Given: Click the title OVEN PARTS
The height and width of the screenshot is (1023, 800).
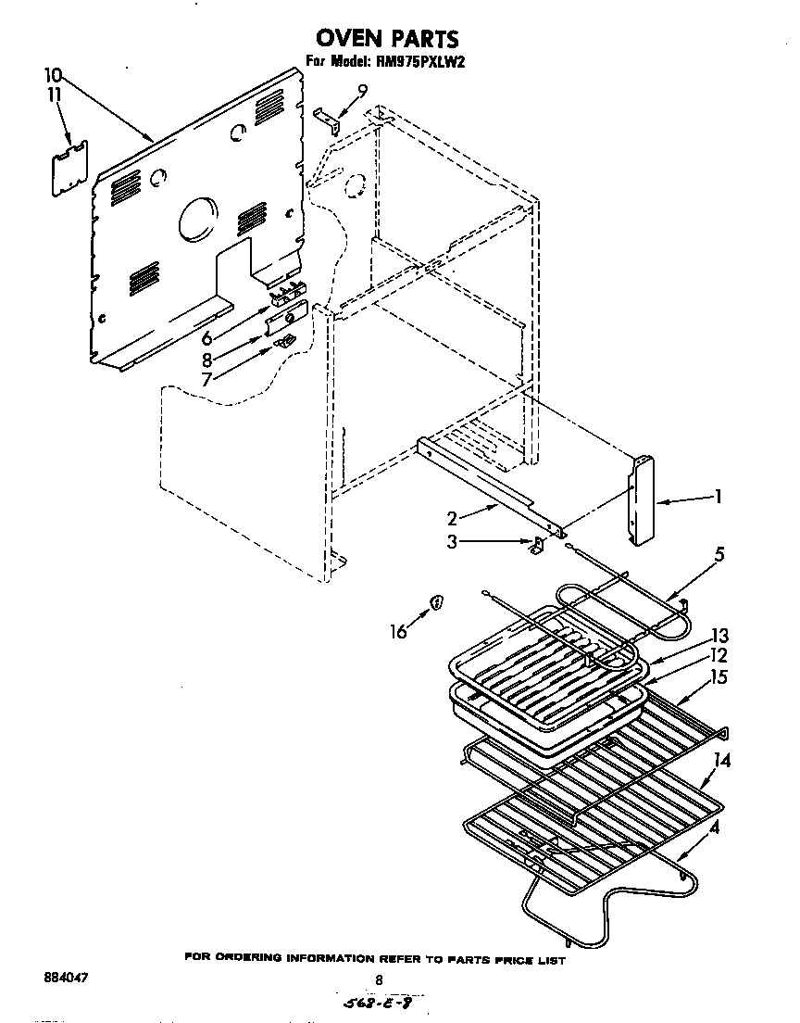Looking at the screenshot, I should point(387,39).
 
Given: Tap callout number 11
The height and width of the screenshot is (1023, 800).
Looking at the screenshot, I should point(55,94).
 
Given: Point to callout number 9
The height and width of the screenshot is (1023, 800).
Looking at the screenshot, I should point(362,89).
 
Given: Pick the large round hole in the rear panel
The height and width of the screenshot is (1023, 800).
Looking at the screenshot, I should point(195,221).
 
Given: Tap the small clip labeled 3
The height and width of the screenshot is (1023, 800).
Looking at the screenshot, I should point(536,546).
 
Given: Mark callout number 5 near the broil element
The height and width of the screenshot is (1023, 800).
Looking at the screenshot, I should point(719,556).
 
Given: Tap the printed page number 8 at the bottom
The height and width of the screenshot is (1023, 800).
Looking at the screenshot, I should point(378,980).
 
